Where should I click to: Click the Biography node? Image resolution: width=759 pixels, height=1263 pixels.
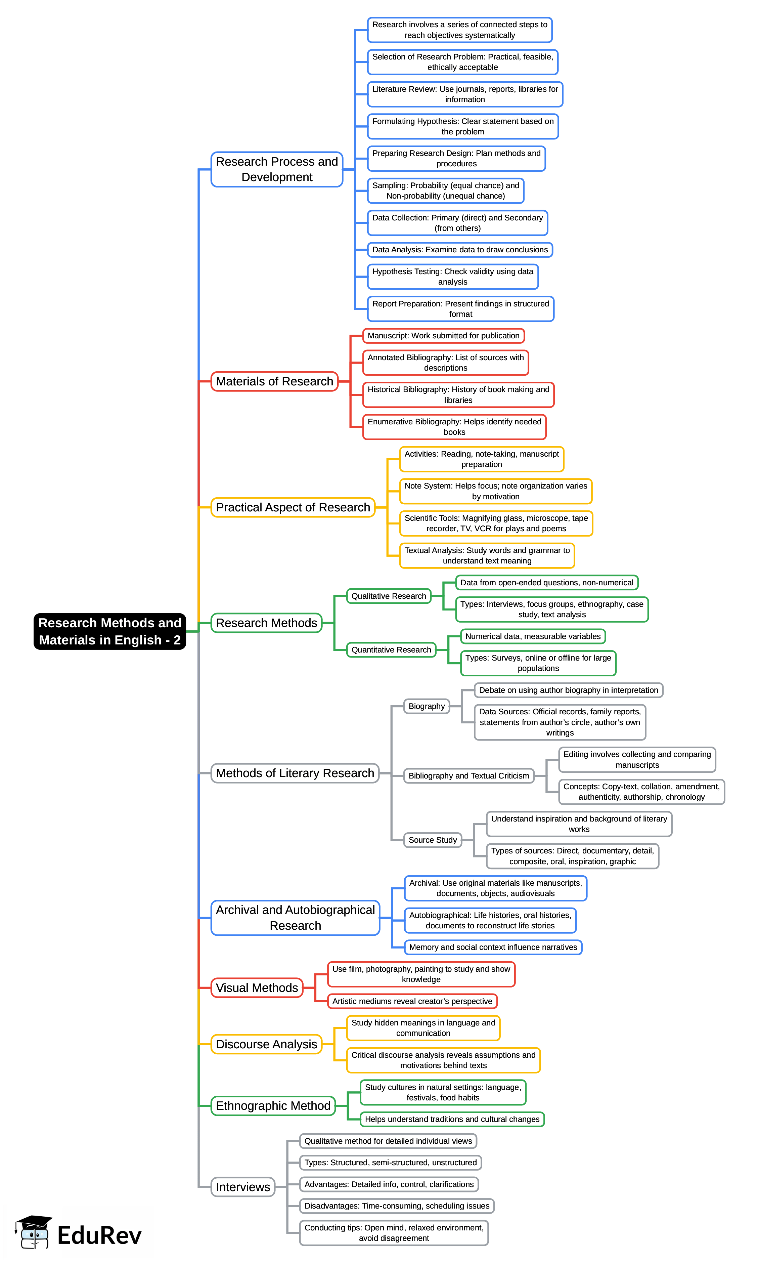(426, 706)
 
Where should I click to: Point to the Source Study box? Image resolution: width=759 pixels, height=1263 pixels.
(432, 839)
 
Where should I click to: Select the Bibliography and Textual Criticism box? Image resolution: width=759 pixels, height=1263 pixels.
(468, 775)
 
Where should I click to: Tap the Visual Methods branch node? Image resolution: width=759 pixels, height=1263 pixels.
(257, 987)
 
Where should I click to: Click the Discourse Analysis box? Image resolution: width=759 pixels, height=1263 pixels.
(266, 1044)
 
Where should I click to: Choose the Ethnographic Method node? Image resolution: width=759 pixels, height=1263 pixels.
(273, 1105)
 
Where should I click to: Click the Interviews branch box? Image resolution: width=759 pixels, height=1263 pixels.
(243, 1187)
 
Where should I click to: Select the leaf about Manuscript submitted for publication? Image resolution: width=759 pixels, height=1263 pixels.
(443, 336)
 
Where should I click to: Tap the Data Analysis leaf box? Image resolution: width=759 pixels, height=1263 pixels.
(460, 250)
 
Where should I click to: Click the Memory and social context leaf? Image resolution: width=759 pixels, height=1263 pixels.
(493, 947)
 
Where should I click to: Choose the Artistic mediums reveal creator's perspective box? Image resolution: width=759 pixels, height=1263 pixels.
(412, 1001)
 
